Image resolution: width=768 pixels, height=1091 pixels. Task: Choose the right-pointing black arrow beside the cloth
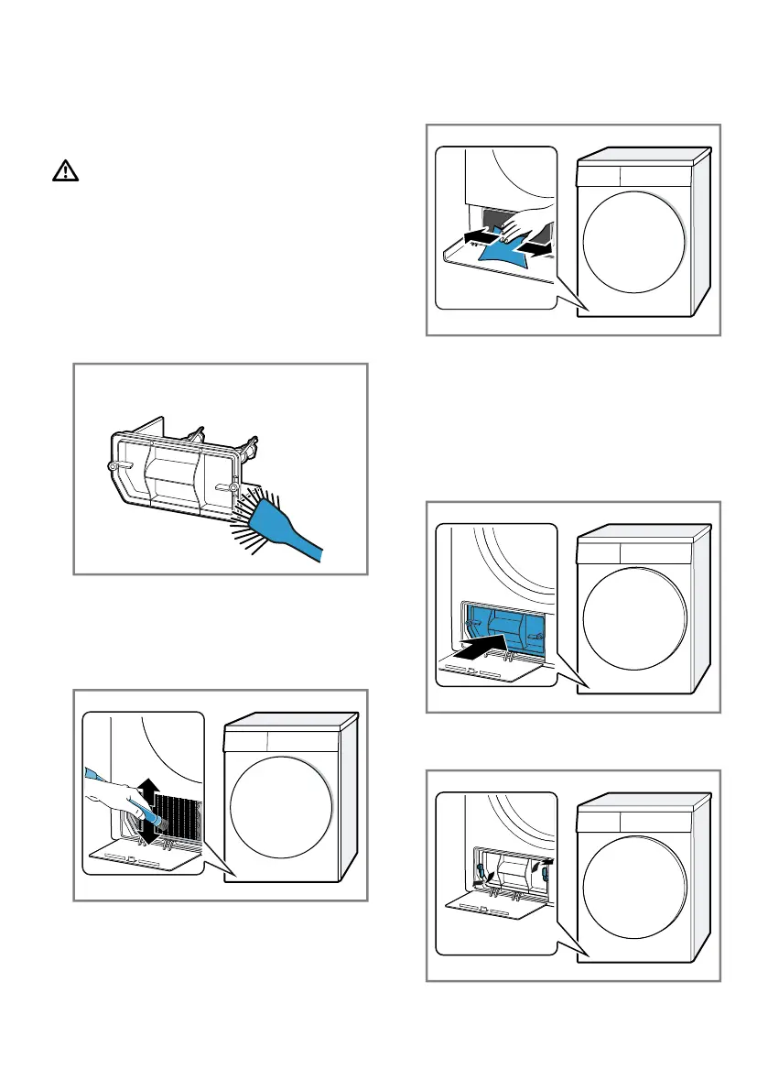pyautogui.click(x=535, y=246)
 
